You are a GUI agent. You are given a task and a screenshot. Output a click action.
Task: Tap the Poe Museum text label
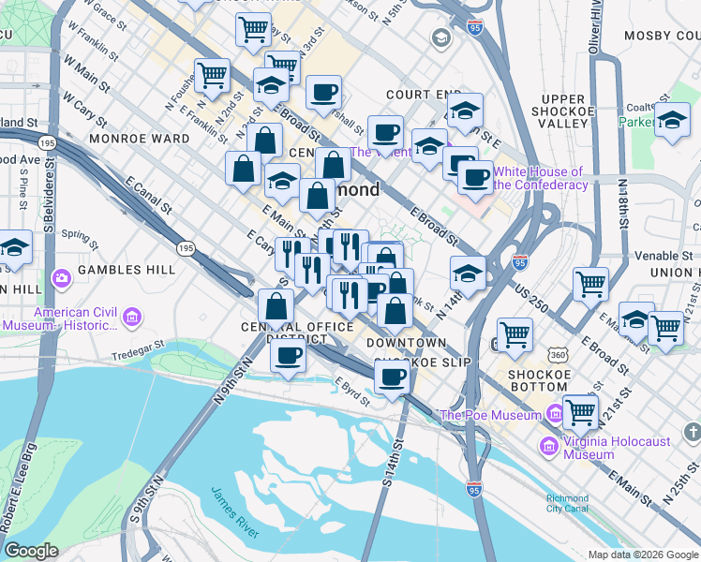[490, 414]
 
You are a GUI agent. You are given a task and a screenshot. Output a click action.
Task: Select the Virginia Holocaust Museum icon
[547, 448]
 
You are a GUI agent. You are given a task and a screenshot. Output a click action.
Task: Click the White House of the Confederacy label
[539, 178]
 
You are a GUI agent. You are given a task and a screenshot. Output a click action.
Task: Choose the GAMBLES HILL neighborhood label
[127, 270]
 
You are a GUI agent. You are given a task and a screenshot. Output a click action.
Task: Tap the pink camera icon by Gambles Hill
[62, 278]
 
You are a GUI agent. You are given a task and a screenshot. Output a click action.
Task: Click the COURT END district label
[421, 96]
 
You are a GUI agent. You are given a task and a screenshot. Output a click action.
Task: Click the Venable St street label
[656, 255]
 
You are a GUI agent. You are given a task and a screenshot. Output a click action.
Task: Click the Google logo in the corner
[31, 551]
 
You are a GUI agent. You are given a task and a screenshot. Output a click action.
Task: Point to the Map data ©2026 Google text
[643, 555]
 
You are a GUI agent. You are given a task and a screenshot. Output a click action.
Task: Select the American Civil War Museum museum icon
[131, 318]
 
